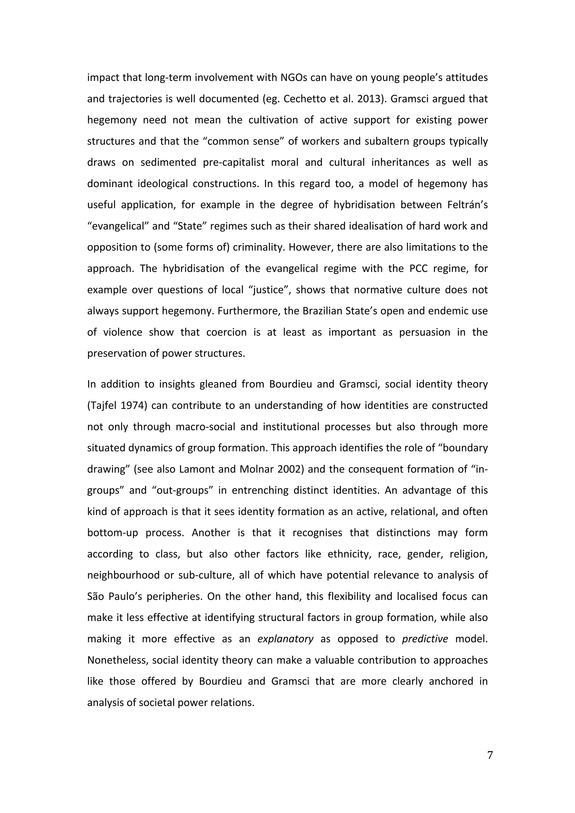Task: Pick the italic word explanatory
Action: (x=285, y=639)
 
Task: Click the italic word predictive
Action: (x=425, y=639)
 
